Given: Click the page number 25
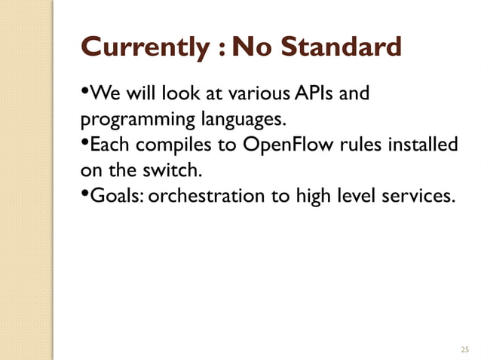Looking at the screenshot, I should click(464, 349).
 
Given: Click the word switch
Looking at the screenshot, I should click(167, 169).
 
